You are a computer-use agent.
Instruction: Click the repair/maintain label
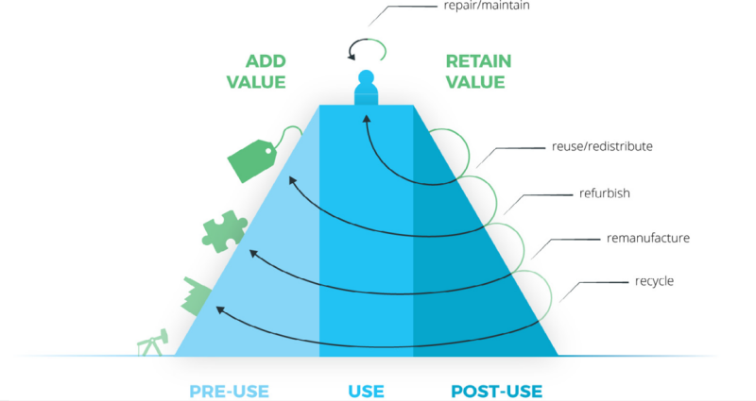tap(487, 6)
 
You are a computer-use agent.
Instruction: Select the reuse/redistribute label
tap(602, 146)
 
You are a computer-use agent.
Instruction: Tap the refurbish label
tap(605, 193)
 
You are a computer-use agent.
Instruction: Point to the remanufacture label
tap(648, 238)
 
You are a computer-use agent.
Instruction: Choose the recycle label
tap(654, 281)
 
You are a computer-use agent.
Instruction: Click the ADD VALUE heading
tap(256, 72)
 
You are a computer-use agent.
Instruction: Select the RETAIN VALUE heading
tap(478, 72)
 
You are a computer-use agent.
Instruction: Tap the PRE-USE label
tap(229, 392)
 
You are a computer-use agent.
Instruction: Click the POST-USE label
tap(497, 392)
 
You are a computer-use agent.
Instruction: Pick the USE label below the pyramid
tap(366, 392)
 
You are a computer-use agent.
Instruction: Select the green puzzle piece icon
tap(224, 231)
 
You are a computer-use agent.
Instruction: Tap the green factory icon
tap(196, 296)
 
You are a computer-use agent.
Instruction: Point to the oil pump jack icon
tap(153, 343)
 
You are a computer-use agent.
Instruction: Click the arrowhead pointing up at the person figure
tap(367, 119)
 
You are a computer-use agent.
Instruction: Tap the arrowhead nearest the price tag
tap(292, 180)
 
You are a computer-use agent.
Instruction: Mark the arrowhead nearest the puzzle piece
tap(253, 253)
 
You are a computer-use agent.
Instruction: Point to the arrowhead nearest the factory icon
tap(220, 309)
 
